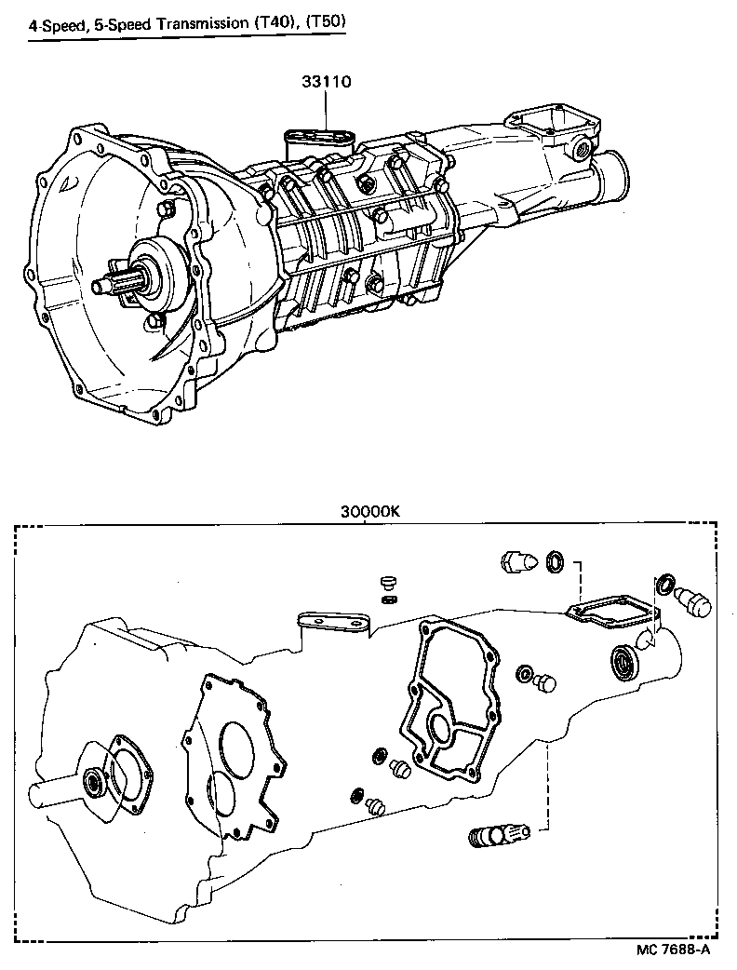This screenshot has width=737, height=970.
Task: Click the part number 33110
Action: pyautogui.click(x=325, y=82)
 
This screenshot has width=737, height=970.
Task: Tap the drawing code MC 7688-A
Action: pyautogui.click(x=674, y=950)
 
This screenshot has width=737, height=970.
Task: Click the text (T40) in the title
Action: pyautogui.click(x=276, y=22)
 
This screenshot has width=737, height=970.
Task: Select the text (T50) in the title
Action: pyautogui.click(x=324, y=22)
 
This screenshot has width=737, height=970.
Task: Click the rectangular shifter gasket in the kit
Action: pyautogui.click(x=610, y=609)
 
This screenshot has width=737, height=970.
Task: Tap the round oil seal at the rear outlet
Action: pyautogui.click(x=621, y=663)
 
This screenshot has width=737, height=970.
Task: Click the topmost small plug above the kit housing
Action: pyautogui.click(x=388, y=582)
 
